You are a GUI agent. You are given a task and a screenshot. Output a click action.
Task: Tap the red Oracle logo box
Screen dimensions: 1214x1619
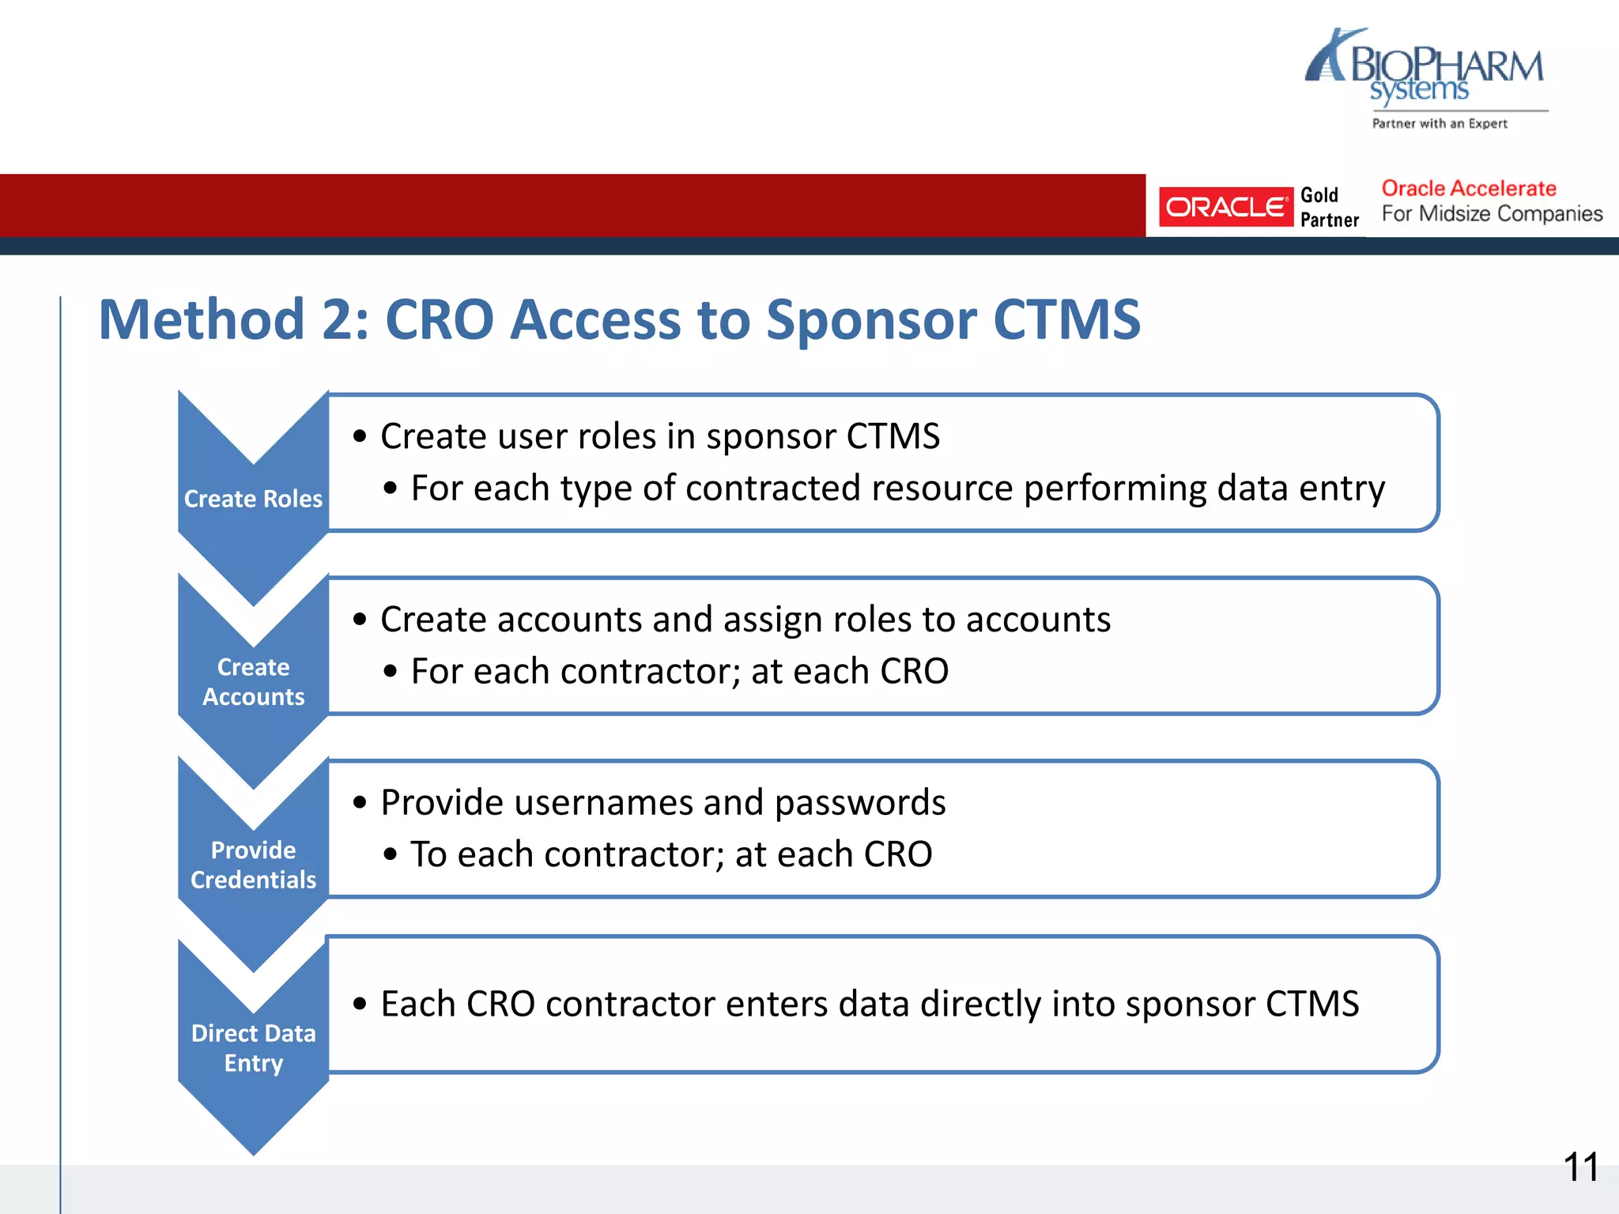[x=1225, y=207]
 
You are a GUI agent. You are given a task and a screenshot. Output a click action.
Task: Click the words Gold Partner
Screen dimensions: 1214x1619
[x=1329, y=207]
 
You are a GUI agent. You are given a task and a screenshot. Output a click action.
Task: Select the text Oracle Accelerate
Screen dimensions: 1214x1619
[x=1468, y=189]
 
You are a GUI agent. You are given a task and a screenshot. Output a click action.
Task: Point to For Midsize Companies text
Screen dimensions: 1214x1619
[x=1492, y=214]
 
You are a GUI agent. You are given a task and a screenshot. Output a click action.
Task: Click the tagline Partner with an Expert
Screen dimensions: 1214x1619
[x=1440, y=123]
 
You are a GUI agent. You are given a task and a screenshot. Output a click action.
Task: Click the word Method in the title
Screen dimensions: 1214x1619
[x=202, y=320]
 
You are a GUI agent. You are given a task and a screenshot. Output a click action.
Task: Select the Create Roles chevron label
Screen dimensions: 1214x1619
[x=253, y=499]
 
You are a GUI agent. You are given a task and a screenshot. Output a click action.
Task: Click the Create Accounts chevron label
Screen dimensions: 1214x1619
[x=253, y=681]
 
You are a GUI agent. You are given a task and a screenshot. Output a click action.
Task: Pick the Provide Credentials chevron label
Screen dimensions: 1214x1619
[x=253, y=865]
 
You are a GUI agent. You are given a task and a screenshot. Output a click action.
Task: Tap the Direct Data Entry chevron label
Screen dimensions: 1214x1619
[x=253, y=1047]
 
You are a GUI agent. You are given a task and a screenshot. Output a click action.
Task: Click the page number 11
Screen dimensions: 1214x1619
[x=1580, y=1167]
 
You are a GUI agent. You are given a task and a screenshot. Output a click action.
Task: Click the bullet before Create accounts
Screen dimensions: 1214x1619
[x=360, y=620]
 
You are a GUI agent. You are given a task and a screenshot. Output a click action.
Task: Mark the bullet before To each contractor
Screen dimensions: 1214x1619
[x=390, y=855]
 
